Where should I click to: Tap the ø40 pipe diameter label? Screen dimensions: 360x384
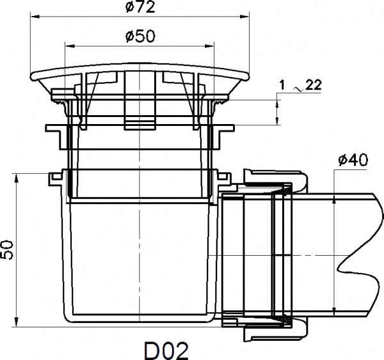click(352, 160)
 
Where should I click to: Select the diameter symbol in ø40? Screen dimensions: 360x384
click(341, 160)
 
